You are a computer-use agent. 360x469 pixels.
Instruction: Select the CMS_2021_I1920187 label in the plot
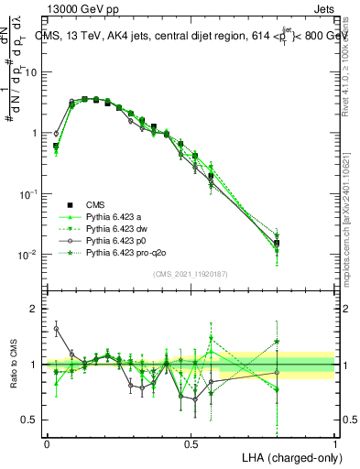(x=191, y=274)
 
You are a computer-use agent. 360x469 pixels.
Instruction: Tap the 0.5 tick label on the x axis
(x=191, y=442)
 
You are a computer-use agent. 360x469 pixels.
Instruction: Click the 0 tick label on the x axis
(x=47, y=442)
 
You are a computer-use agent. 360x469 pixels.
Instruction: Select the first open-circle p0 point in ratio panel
(x=56, y=328)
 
